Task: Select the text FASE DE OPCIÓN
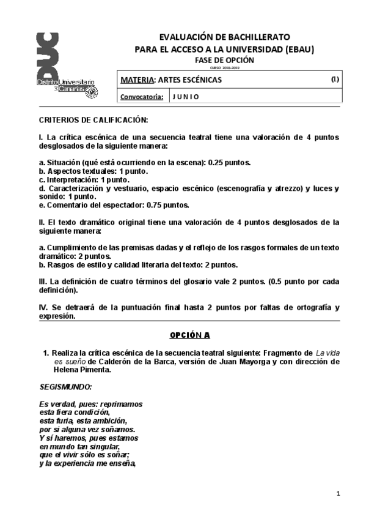[x=224, y=60]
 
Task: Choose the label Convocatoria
[x=142, y=97]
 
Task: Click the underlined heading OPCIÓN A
[x=189, y=335]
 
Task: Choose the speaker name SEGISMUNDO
[x=65, y=387]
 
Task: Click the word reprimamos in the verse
[x=122, y=405]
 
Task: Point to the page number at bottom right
[x=338, y=493]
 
